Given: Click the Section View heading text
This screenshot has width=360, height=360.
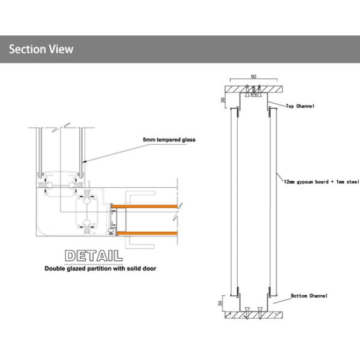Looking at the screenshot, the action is coord(41,49).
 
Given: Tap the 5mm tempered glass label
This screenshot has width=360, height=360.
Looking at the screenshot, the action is coord(169,140).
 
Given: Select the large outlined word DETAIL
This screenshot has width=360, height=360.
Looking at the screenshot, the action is coord(94,256).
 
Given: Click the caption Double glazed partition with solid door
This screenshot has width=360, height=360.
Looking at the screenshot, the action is coord(100,268).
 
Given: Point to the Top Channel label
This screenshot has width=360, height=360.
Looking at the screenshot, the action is coord(300,106).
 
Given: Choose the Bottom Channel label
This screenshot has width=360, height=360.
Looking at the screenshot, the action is coord(309,296).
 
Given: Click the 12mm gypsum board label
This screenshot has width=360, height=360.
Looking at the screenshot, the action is coord(322,182).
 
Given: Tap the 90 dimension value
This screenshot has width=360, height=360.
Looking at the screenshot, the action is coord(253,76).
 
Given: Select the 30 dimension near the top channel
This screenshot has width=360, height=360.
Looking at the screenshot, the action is coord(223,100).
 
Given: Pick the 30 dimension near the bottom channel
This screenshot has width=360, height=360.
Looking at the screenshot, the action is coord(220,303).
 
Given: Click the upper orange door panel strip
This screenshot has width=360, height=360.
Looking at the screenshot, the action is coord(145,206).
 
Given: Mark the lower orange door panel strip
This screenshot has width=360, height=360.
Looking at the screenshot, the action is coord(147,233).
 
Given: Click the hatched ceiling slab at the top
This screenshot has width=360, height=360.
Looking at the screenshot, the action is coord(253,89).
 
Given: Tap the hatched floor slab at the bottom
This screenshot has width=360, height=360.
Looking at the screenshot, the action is coord(253,315).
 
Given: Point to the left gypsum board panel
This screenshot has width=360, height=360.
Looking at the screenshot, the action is coord(234,202).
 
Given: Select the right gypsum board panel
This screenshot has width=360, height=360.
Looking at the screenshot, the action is coord(273,202).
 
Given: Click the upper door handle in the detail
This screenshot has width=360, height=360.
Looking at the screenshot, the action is coord(140,194).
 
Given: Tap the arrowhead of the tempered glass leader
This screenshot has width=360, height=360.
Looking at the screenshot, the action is coord(84,161).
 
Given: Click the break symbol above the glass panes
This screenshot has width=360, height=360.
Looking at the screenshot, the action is coord(61,127).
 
